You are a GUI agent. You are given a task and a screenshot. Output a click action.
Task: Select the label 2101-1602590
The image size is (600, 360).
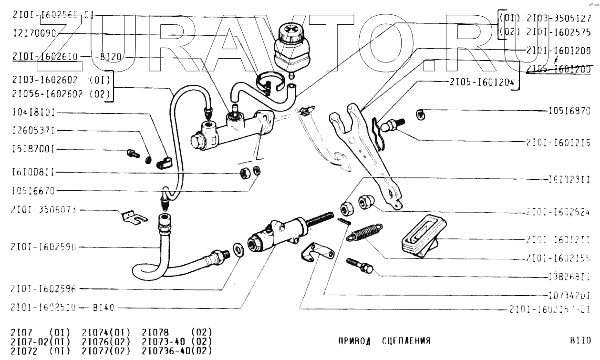click(x=43, y=247)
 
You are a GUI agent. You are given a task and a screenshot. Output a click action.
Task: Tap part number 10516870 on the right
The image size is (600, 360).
click(x=569, y=112)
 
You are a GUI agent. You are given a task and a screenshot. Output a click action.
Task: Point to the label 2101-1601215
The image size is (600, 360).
click(x=559, y=143)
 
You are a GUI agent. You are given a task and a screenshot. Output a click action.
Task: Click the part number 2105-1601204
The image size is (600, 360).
click(x=481, y=82)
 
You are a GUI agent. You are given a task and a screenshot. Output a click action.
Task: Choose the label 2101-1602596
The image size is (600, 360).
click(x=43, y=288)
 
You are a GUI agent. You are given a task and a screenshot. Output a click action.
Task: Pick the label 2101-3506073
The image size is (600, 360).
click(x=43, y=210)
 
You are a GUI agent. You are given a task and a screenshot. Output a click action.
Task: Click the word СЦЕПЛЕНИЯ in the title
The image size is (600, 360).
click(x=406, y=341)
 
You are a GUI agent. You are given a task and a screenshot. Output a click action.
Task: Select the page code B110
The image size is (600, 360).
click(x=580, y=341)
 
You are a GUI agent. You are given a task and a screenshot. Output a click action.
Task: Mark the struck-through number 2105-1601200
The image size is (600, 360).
click(x=559, y=69)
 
